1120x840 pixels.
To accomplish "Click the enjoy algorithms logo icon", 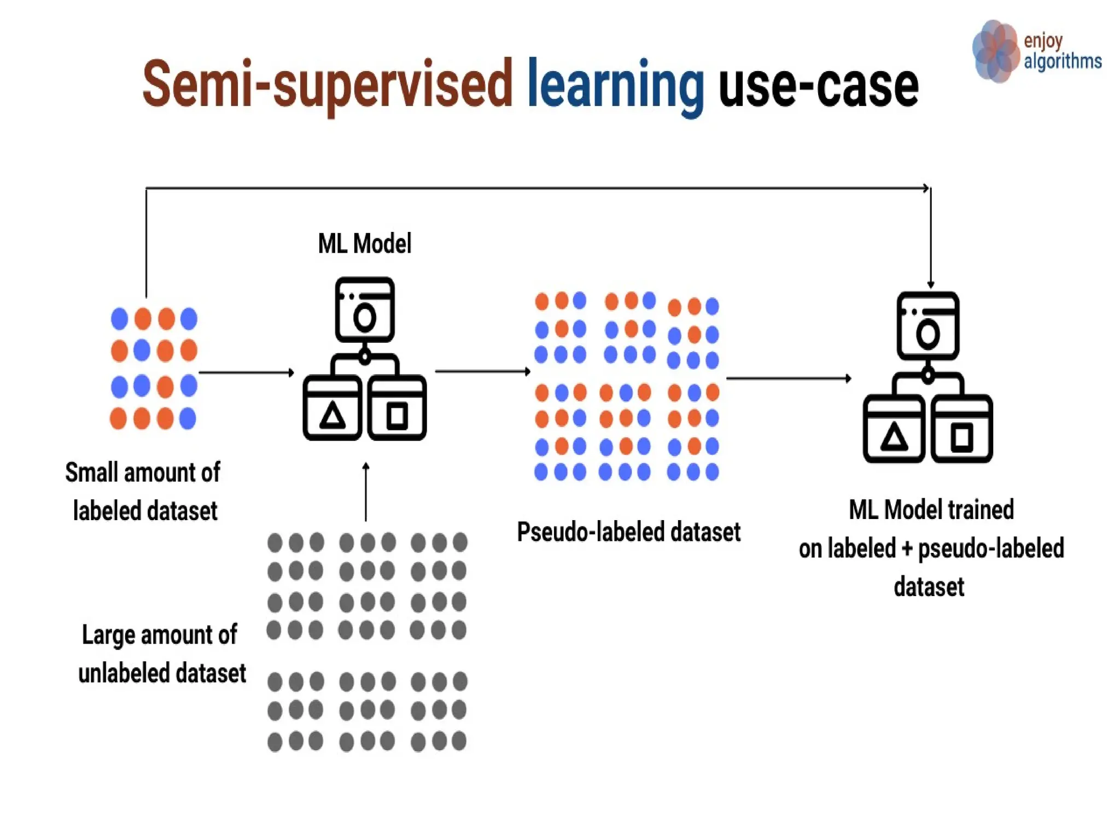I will tap(995, 51).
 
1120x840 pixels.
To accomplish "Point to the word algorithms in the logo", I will tap(1062, 61).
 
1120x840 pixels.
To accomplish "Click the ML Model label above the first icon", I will tap(364, 244).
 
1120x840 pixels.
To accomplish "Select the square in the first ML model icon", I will tap(397, 416).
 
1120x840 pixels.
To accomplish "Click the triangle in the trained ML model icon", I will tap(894, 437).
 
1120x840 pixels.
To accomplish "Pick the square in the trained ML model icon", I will tap(962, 437).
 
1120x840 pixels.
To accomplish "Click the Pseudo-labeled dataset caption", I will tap(628, 532).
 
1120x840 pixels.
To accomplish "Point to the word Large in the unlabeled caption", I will tap(108, 635).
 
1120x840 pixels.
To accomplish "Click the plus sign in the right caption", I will tap(907, 549).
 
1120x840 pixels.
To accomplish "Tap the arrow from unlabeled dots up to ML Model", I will tap(366, 492).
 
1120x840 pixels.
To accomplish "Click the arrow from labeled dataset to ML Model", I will tap(246, 373).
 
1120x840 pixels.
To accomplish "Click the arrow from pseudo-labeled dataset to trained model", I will tap(788, 378).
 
